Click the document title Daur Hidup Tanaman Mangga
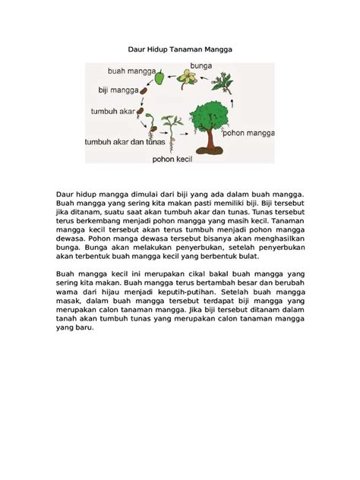pyautogui.click(x=179, y=49)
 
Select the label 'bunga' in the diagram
pyautogui.click(x=201, y=66)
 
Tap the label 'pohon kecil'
pyautogui.click(x=172, y=159)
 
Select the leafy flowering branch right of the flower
pyautogui.click(x=223, y=81)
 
